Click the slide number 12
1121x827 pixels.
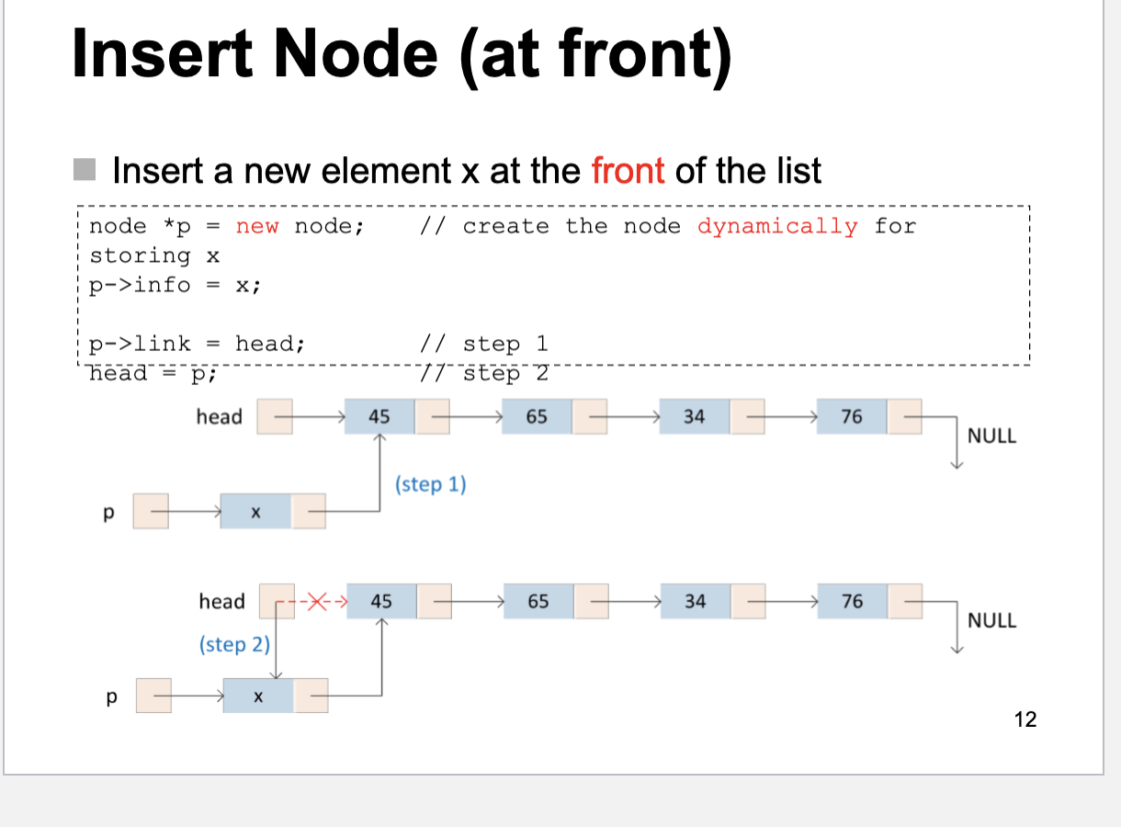[1025, 719]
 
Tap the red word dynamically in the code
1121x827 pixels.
[777, 226]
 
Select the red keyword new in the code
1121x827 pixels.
[257, 226]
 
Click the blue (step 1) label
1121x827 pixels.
[431, 483]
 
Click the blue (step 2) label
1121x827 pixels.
[234, 644]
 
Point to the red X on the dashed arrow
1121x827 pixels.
[316, 602]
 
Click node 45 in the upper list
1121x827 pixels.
[379, 417]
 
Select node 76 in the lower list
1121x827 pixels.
[852, 602]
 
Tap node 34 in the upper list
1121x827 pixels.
[694, 417]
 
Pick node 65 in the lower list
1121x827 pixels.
[538, 602]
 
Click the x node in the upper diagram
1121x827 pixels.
[256, 513]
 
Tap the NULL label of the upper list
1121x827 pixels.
[992, 436]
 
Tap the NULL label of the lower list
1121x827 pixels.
[992, 620]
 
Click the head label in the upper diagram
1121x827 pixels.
[219, 417]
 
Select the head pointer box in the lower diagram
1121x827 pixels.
[277, 602]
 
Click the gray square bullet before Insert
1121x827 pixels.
[85, 169]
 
